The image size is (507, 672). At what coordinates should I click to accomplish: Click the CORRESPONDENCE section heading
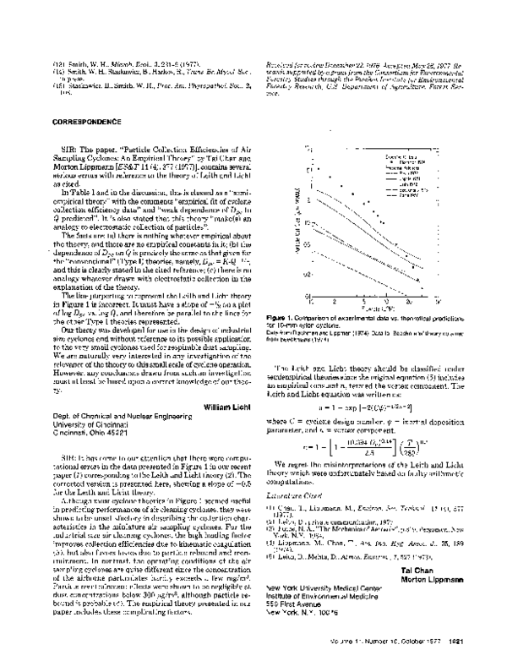point(75,122)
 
